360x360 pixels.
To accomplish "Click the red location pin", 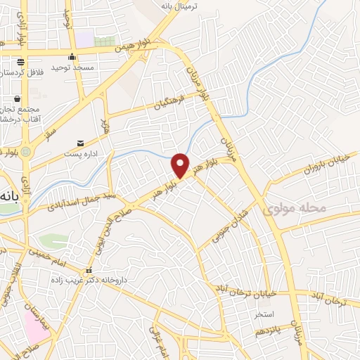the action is coord(181,165).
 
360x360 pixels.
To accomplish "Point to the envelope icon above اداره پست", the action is coord(81,143).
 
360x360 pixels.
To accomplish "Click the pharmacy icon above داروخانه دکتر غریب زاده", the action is coord(88,271).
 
